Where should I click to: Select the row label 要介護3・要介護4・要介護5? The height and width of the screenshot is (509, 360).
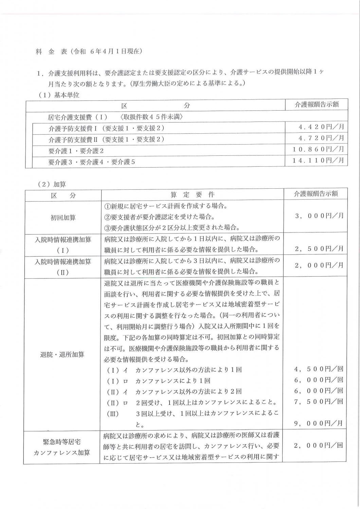pyautogui.click(x=92, y=162)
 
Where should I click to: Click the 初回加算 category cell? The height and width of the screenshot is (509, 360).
pyautogui.click(x=64, y=218)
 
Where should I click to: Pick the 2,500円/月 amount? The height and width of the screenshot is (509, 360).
pyautogui.click(x=319, y=249)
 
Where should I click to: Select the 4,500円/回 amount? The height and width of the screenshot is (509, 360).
pyautogui.click(x=319, y=369)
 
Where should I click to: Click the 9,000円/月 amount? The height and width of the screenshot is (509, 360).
pyautogui.click(x=319, y=423)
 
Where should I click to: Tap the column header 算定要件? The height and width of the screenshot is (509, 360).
pyautogui.click(x=192, y=195)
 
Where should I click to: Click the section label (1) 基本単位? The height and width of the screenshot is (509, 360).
pyautogui.click(x=58, y=95)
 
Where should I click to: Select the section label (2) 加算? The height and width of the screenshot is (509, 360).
pyautogui.click(x=52, y=184)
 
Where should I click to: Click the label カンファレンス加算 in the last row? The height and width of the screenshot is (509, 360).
pyautogui.click(x=62, y=453)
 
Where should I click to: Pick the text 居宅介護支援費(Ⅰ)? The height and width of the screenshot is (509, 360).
pyautogui.click(x=78, y=117)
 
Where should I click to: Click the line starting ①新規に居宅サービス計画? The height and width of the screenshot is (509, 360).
pyautogui.click(x=165, y=206)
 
